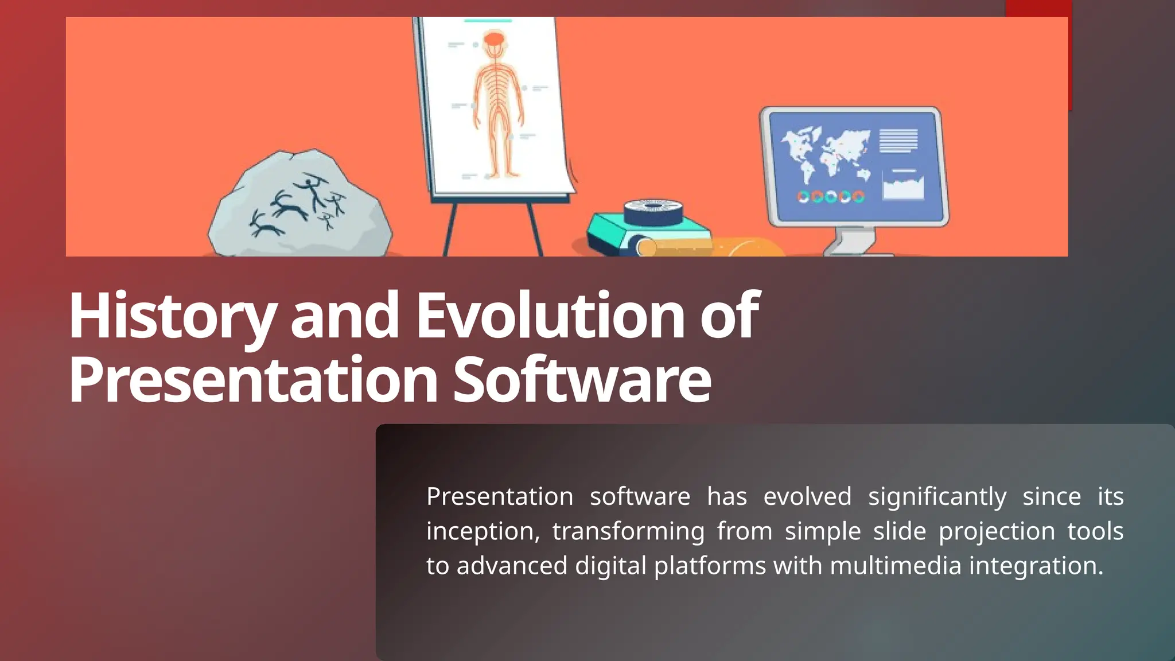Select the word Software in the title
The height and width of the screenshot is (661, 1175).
coord(582,380)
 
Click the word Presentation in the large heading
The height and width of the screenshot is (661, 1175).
coord(252,380)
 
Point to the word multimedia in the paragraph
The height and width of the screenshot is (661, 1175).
coord(895,566)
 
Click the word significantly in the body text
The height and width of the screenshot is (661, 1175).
coord(937,497)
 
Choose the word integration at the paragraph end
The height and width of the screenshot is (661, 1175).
coord(1036,566)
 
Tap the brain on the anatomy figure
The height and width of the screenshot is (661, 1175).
coord(494,40)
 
